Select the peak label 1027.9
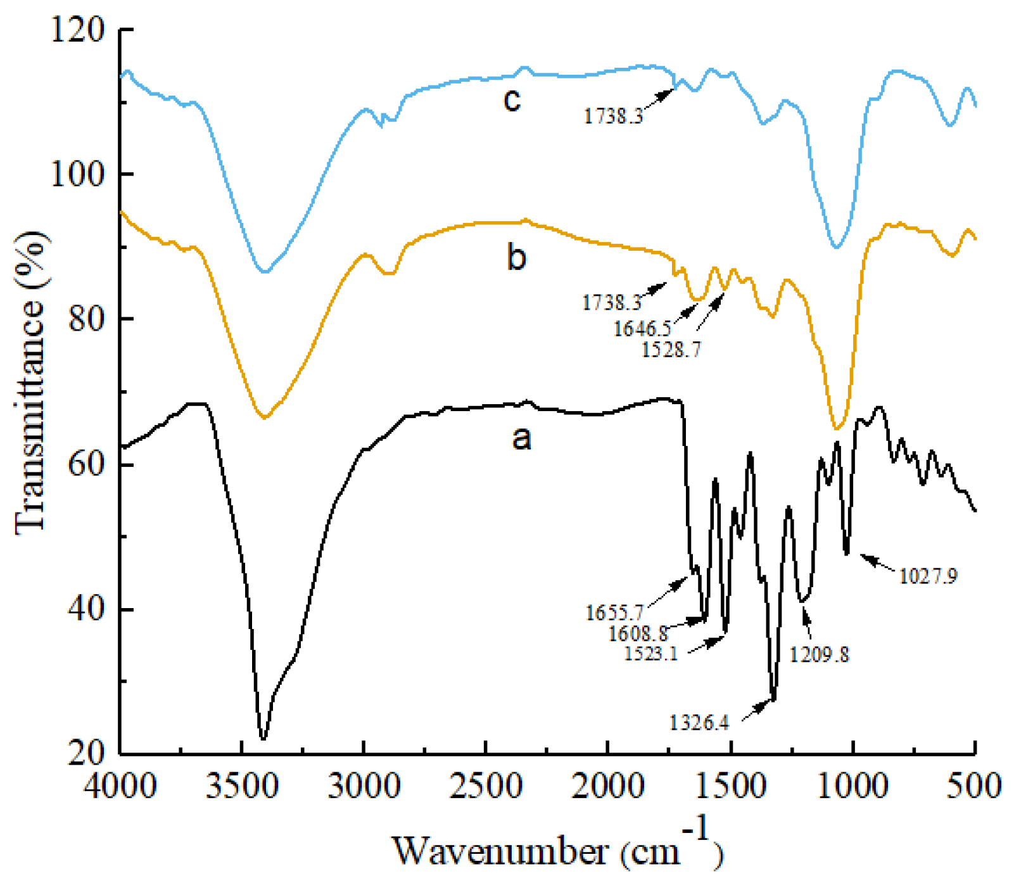click(x=928, y=576)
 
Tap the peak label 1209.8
click(x=819, y=654)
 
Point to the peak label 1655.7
click(x=614, y=613)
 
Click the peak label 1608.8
click(x=638, y=633)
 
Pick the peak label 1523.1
click(x=651, y=653)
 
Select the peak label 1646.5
click(x=642, y=328)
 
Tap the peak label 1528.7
click(x=671, y=349)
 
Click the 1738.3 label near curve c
click(x=613, y=116)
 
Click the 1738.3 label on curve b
click(x=612, y=302)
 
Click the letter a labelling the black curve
click(x=521, y=438)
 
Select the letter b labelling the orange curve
click(x=516, y=258)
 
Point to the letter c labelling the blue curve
click(x=512, y=99)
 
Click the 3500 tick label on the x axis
click(x=242, y=787)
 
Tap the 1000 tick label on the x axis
click(x=853, y=787)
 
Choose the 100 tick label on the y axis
click(x=77, y=174)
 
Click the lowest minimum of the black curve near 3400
click(x=263, y=739)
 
